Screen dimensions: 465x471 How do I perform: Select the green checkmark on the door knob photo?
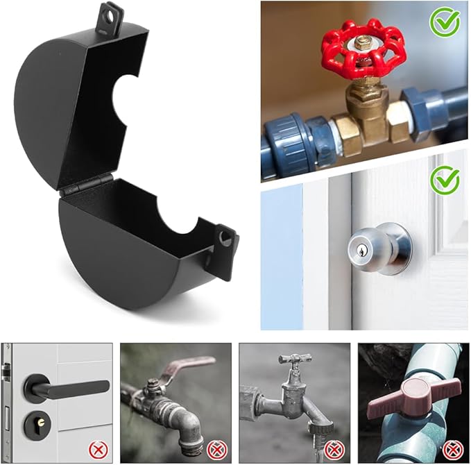(x=444, y=180)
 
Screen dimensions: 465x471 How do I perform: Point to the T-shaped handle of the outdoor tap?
(x=295, y=359)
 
